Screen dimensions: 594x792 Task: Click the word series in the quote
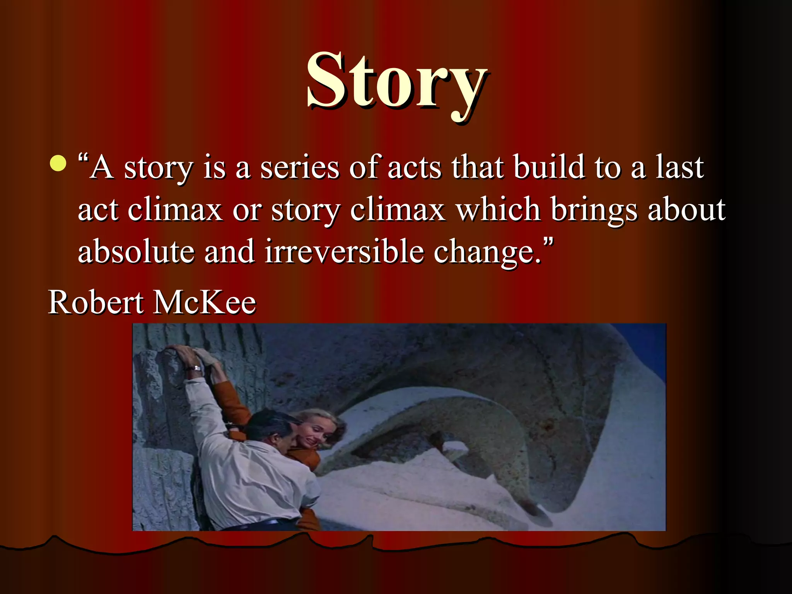299,168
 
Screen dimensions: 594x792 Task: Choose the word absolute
136,252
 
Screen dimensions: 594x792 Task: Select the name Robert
96,302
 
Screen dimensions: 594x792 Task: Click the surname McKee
205,302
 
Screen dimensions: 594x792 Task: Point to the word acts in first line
414,168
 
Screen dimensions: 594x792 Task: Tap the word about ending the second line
686,210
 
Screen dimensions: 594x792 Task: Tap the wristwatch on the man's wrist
196,368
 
